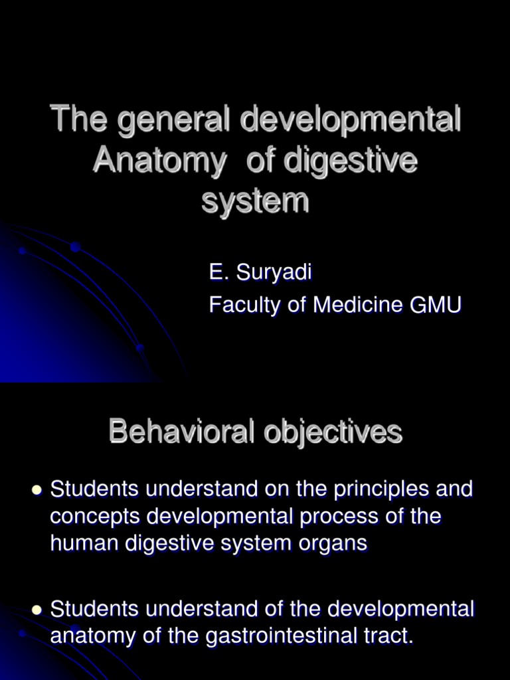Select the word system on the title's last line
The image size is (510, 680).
click(x=255, y=201)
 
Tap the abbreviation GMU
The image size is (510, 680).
click(x=435, y=305)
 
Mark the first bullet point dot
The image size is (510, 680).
click(x=37, y=491)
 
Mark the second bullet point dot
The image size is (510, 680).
click(x=37, y=610)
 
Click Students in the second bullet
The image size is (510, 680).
click(x=95, y=608)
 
